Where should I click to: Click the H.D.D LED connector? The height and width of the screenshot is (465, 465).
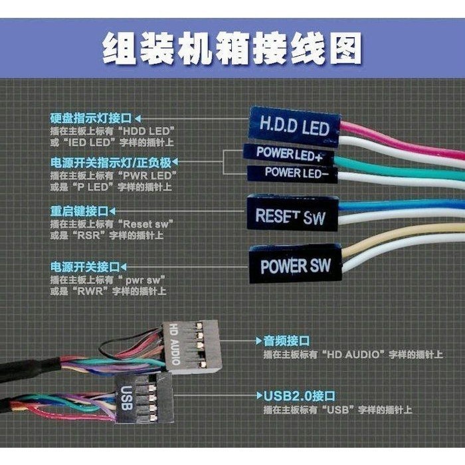click(294, 127)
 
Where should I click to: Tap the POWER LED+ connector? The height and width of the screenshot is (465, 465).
click(289, 154)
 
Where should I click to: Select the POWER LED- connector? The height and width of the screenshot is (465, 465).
click(292, 173)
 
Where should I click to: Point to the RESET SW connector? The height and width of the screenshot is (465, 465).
click(293, 213)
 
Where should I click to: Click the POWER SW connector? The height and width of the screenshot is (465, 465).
click(296, 264)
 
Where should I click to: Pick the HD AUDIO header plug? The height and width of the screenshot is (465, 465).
click(193, 345)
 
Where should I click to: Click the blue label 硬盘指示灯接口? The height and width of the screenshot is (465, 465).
click(91, 118)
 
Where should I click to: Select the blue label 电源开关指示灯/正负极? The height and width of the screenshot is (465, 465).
click(111, 163)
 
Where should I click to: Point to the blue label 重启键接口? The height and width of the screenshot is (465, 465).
click(79, 211)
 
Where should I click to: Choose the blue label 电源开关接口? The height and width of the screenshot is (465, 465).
click(85, 267)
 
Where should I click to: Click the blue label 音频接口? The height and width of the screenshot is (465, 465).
click(286, 341)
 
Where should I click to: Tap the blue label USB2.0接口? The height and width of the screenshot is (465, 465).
click(299, 396)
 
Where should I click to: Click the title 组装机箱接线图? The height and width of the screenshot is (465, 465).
click(232, 48)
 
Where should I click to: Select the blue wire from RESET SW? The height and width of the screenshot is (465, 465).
click(401, 205)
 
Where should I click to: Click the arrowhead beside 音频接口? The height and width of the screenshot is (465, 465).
click(259, 341)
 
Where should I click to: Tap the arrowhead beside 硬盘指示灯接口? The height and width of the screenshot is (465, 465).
click(138, 119)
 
